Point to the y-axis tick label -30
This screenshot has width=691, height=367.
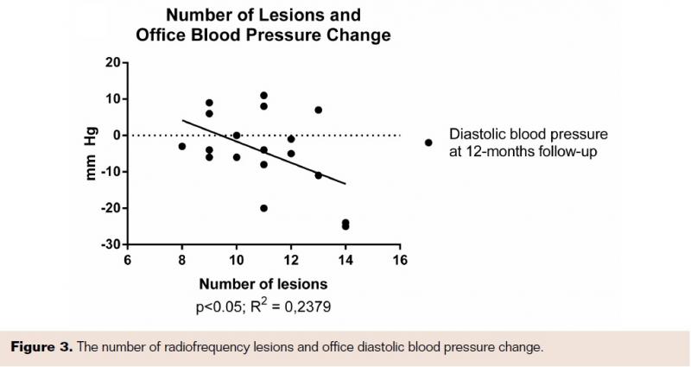coord(111,245)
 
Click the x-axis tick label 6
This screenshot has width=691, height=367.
coord(127,261)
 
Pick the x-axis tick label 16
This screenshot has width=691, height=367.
coord(400,261)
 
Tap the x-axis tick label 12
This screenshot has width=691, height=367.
coord(291,261)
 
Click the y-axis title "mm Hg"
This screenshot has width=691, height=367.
coord(91,155)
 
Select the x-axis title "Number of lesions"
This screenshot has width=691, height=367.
coord(263,284)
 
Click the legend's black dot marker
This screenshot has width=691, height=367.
coord(428,142)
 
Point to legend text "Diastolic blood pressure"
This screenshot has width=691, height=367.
coord(529,135)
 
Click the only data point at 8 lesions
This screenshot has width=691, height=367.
coord(182,147)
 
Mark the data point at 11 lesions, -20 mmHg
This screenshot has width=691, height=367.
coord(263,208)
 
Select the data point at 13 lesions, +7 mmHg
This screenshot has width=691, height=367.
coord(319,110)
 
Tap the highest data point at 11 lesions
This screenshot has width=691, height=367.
coord(263,95)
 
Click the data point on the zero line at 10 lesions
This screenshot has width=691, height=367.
coord(237,136)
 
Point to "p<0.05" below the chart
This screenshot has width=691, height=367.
coord(218,307)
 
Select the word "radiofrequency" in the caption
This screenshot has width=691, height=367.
coord(193,347)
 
